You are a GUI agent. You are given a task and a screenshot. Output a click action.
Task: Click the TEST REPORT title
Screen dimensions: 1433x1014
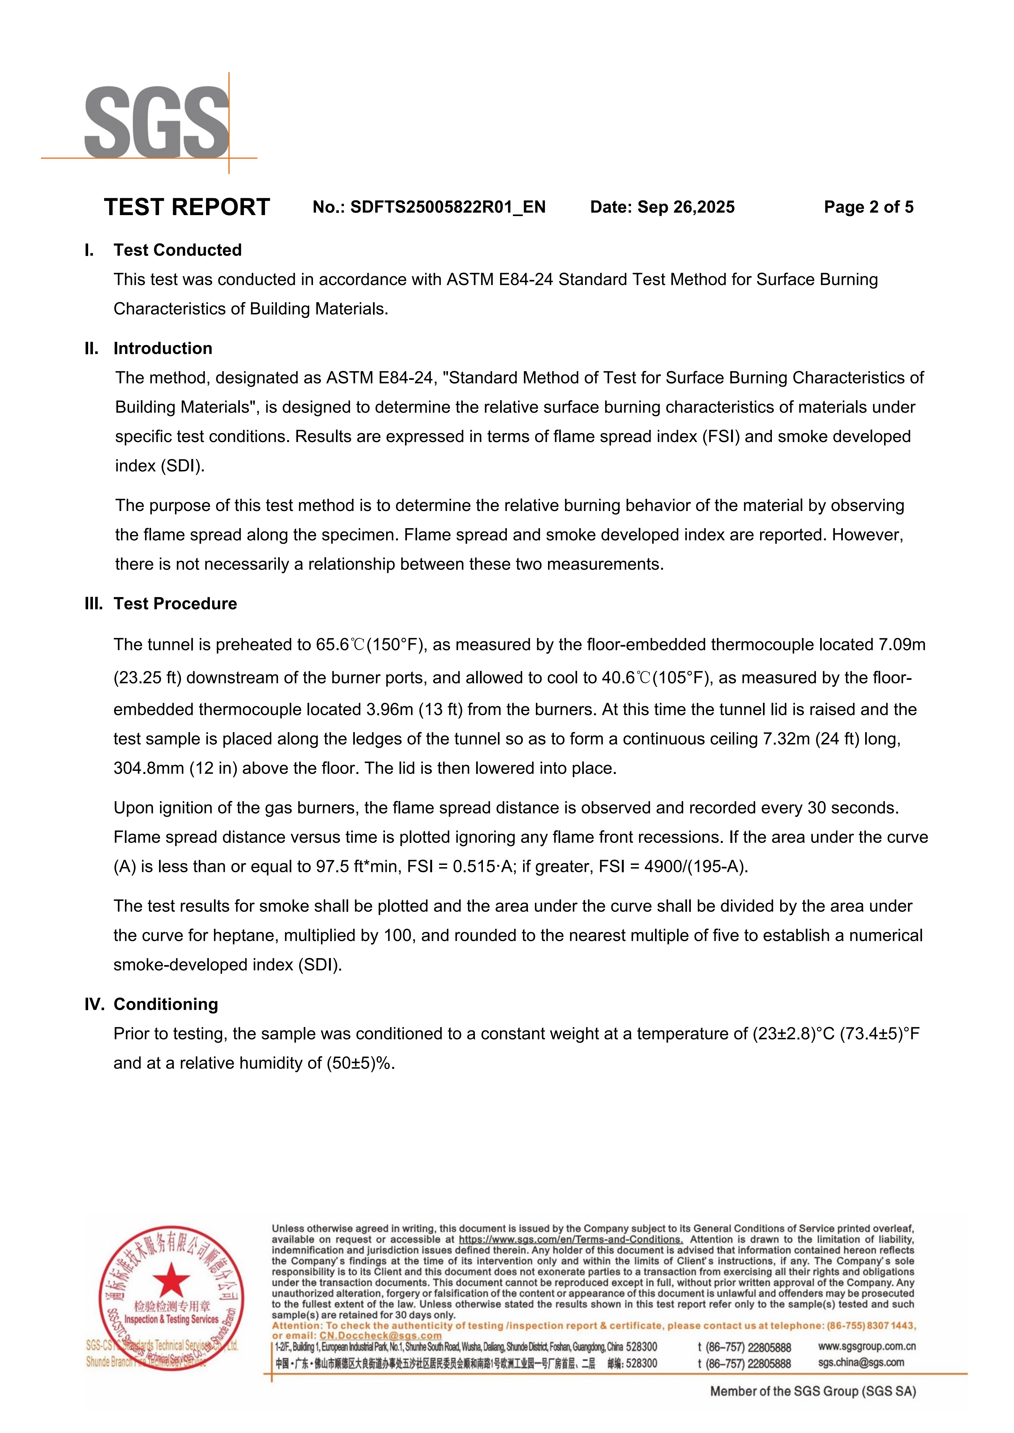187,207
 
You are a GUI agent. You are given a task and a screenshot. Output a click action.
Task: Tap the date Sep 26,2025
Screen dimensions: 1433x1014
686,207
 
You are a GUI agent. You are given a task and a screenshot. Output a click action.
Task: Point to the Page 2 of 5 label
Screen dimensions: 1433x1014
868,207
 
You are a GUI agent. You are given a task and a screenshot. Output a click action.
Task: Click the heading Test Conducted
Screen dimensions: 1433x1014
177,250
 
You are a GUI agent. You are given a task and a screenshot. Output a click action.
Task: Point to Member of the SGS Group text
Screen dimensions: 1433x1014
812,1391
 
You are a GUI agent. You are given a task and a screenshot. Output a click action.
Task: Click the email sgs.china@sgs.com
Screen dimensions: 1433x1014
861,1362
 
